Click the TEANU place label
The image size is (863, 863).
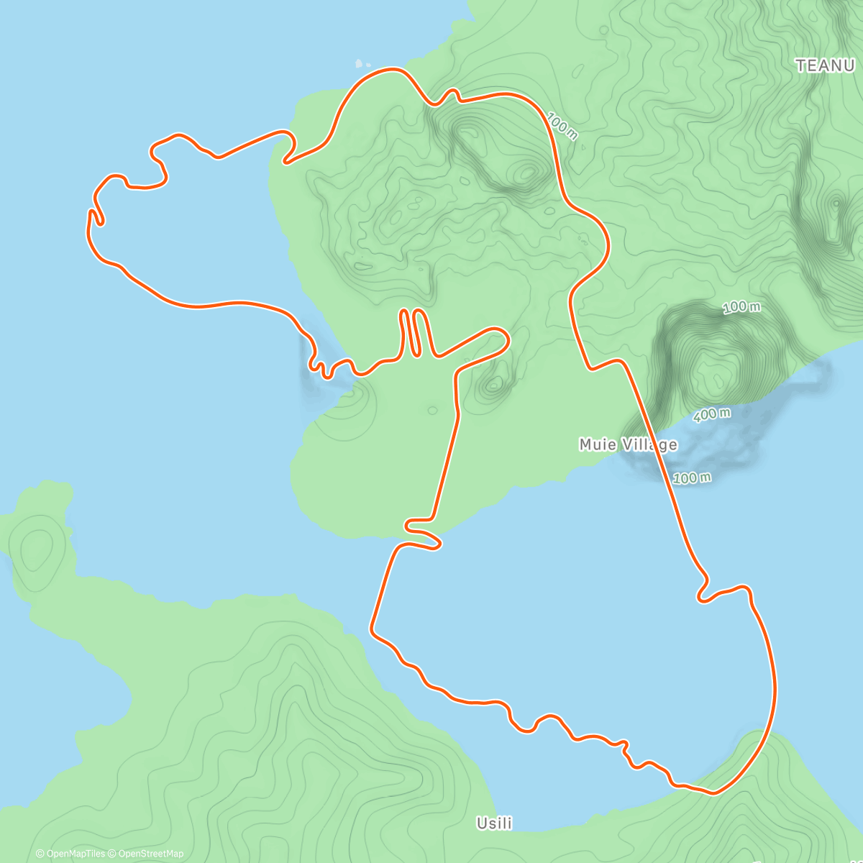pyautogui.click(x=824, y=65)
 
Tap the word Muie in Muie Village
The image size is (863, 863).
pyautogui.click(x=598, y=445)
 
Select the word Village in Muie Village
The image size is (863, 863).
pyautogui.click(x=650, y=445)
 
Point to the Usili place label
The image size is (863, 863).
pyautogui.click(x=494, y=823)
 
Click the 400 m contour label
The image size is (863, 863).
pyautogui.click(x=712, y=415)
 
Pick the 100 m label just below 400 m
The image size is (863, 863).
pyautogui.click(x=692, y=478)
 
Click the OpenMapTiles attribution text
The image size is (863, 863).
pyautogui.click(x=76, y=854)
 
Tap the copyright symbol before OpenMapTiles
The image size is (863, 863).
pyautogui.click(x=40, y=854)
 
